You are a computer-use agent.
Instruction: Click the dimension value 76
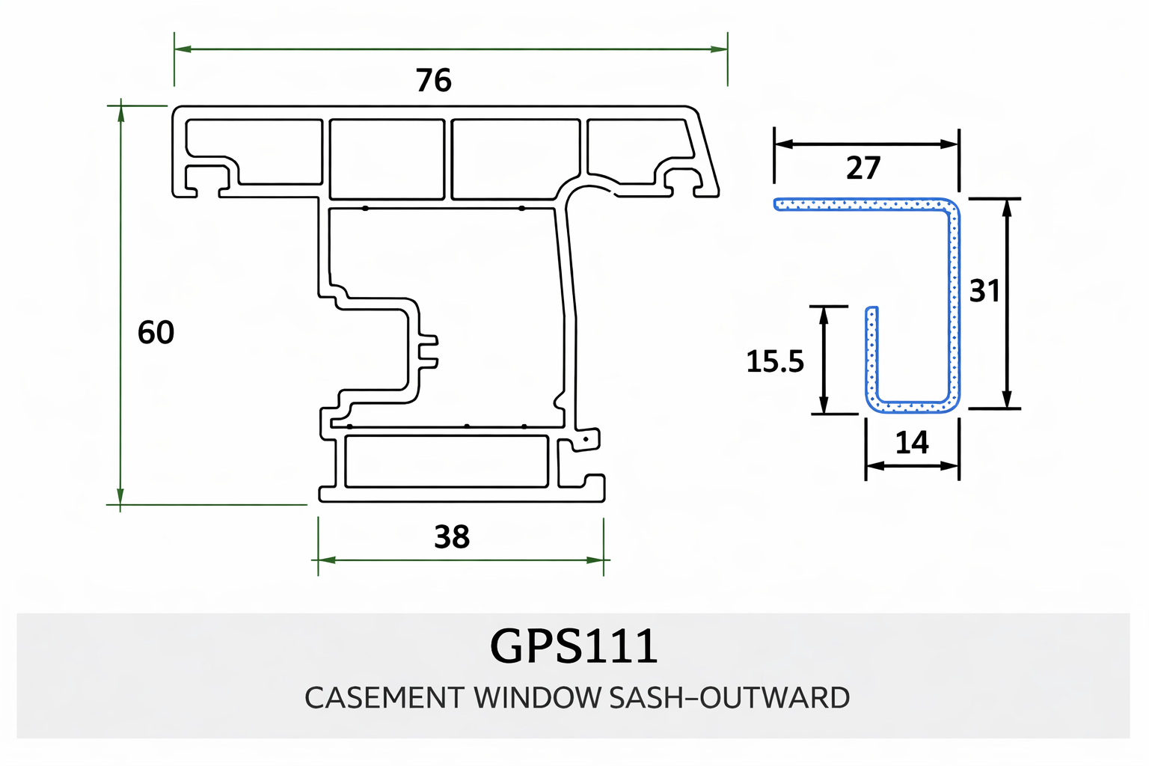pos(434,81)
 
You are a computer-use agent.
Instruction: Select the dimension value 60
pos(156,332)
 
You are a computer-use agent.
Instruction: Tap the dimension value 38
pos(452,537)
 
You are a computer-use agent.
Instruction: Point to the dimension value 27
pos(863,168)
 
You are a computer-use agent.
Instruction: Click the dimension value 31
pos(984,291)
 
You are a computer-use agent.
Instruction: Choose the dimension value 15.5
pos(775,362)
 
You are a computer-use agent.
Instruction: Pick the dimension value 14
pos(912,443)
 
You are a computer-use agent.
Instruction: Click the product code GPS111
pos(574,646)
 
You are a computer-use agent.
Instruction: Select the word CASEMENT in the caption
pos(384,698)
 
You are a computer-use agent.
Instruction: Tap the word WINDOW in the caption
pos(537,698)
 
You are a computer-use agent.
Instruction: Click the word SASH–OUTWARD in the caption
pos(729,698)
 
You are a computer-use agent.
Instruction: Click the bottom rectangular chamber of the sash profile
pos(446,462)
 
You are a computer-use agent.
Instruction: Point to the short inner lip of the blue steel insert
pos(871,352)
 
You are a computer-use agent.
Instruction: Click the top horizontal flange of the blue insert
pos(860,203)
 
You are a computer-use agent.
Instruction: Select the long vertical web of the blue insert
pos(954,307)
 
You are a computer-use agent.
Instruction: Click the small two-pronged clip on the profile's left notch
pos(429,352)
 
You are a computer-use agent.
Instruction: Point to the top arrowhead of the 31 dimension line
pos(1007,207)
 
